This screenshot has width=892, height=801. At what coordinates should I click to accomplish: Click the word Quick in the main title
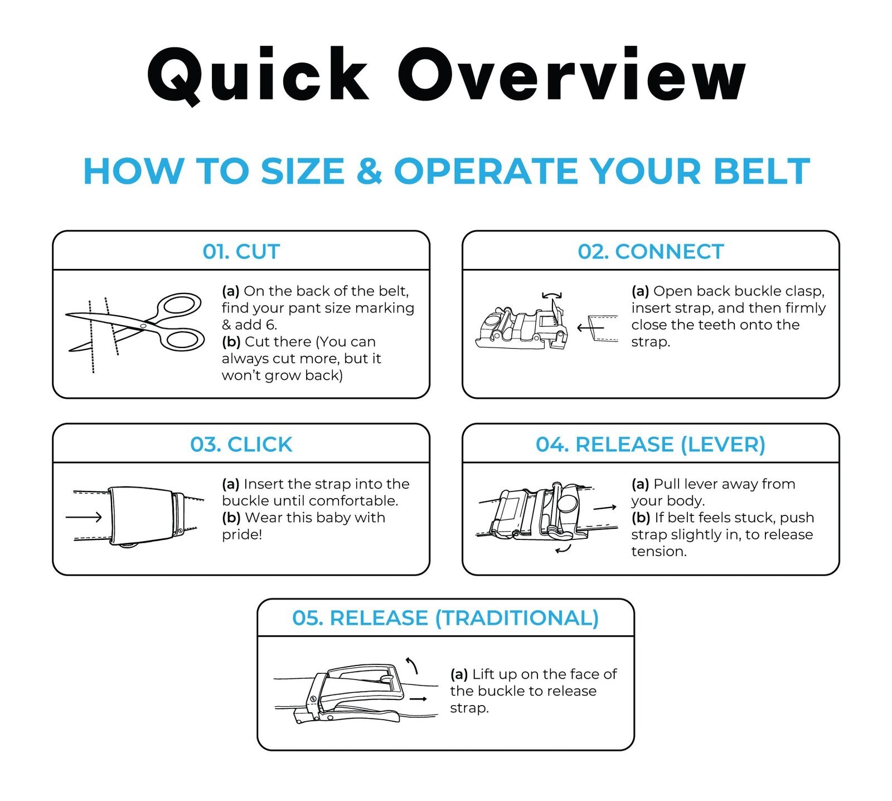(258, 75)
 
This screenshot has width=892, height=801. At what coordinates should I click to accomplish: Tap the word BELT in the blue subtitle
(762, 171)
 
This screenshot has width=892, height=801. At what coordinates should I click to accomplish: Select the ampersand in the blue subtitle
(369, 171)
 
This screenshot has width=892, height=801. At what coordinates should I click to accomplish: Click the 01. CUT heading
(241, 252)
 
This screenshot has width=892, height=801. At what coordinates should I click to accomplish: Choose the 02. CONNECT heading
(651, 252)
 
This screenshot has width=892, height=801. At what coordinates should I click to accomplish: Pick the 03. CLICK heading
(241, 445)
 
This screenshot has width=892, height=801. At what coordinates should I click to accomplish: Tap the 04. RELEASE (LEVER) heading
(651, 445)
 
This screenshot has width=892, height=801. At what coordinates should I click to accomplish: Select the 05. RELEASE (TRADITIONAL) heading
(445, 618)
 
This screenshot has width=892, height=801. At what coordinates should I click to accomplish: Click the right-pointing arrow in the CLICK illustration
(84, 517)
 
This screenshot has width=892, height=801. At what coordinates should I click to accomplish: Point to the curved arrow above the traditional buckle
(412, 664)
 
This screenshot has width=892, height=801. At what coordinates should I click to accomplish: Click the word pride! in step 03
(242, 534)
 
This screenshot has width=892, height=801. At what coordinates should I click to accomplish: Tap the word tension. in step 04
(659, 551)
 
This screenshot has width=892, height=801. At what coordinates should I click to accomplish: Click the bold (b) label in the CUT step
(231, 341)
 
